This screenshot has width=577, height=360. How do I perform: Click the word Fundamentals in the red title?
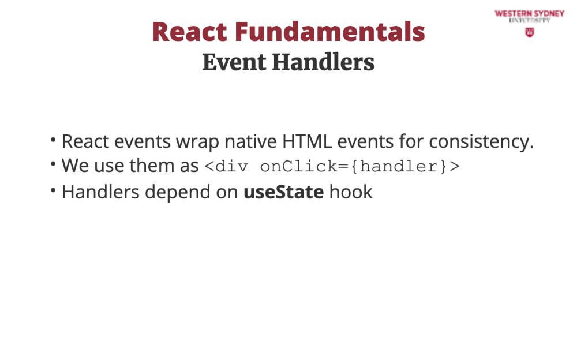point(329,32)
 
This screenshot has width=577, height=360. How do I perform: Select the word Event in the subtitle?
point(234,62)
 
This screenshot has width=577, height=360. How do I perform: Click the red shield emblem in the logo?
point(530,33)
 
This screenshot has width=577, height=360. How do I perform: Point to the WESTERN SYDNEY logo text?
point(530,14)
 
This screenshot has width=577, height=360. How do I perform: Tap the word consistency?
point(481,142)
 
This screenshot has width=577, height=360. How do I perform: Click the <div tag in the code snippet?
point(226,166)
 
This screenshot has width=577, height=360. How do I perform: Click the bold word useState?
point(284,192)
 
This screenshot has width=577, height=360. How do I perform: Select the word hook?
point(351,192)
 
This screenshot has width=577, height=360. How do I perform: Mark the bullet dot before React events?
point(53,139)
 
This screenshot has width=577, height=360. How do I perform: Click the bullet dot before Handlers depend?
point(53,190)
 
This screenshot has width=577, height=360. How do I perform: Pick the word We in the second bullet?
point(75,165)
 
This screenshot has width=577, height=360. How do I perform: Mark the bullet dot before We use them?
point(53,163)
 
